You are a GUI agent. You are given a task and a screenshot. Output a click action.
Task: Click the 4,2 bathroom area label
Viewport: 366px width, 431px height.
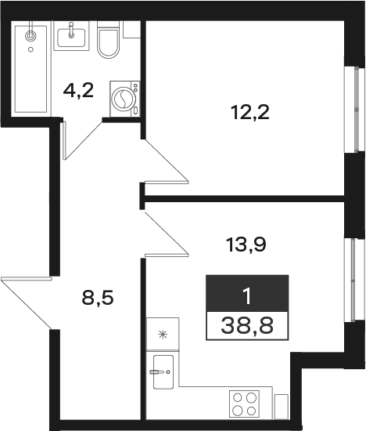(x=78, y=90)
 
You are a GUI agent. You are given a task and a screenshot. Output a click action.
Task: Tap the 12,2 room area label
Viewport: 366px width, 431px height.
(x=250, y=112)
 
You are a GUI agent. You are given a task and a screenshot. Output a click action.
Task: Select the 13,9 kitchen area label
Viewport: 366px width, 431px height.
(x=246, y=244)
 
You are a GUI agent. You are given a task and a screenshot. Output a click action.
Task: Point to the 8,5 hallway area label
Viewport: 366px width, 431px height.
(x=98, y=298)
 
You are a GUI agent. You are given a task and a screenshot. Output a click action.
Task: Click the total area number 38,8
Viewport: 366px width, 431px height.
(x=247, y=325)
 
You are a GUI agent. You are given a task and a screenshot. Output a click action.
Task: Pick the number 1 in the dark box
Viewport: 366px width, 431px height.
(x=247, y=297)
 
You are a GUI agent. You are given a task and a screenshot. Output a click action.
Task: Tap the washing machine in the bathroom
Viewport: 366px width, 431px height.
(x=124, y=99)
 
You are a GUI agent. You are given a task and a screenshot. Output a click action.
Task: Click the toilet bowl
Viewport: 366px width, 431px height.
(x=109, y=40)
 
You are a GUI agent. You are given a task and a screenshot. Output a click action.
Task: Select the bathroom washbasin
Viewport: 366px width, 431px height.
(x=71, y=36)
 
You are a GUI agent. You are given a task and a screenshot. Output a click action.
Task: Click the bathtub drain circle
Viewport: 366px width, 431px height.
(x=30, y=49)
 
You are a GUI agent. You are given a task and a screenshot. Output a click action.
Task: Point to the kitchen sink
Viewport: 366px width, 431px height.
(x=163, y=372)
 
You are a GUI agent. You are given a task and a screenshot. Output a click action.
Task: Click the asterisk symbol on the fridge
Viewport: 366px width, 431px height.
(x=163, y=335)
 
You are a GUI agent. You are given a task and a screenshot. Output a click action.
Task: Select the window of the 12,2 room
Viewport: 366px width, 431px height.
(x=356, y=110)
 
